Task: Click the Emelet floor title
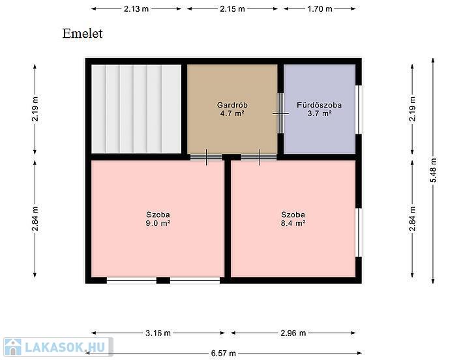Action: pyautogui.click(x=82, y=33)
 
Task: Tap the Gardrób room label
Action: pyautogui.click(x=232, y=105)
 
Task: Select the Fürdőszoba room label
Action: pyautogui.click(x=319, y=105)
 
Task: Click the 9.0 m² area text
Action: pyautogui.click(x=158, y=224)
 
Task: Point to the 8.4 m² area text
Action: pyautogui.click(x=293, y=224)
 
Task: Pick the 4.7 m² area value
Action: pyautogui.click(x=232, y=114)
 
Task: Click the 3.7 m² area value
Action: pyautogui.click(x=320, y=114)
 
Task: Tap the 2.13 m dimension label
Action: pyautogui.click(x=136, y=8)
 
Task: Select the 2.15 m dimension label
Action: pyautogui.click(x=232, y=8)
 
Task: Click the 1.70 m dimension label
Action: pyautogui.click(x=320, y=8)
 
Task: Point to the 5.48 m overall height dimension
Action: pyautogui.click(x=433, y=170)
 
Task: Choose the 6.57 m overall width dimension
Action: pyautogui.click(x=224, y=353)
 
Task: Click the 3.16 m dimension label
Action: pyautogui.click(x=158, y=333)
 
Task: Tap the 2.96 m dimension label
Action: pyautogui.click(x=293, y=333)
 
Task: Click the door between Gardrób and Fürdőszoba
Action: pyautogui.click(x=281, y=113)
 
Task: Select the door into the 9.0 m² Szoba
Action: pyautogui.click(x=207, y=157)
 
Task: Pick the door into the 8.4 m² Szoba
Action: pyautogui.click(x=259, y=157)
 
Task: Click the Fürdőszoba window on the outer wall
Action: pyautogui.click(x=359, y=110)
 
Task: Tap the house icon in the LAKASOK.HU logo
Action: pyautogui.click(x=13, y=347)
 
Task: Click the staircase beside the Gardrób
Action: pyautogui.click(x=136, y=109)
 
